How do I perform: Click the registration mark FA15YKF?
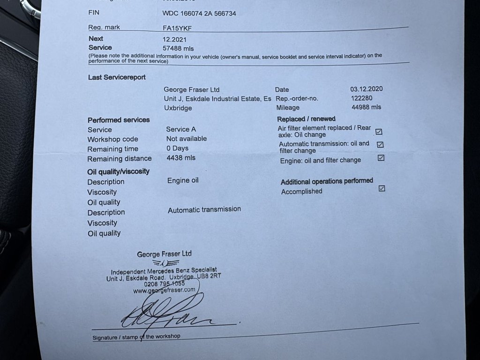pos(177,28)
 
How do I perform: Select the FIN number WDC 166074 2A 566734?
pos(199,14)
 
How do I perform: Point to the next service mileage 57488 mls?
pos(178,48)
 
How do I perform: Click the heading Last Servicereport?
pos(117,77)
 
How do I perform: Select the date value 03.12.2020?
pos(367,89)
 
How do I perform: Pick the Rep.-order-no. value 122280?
pos(362,98)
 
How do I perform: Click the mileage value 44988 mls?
pos(366,107)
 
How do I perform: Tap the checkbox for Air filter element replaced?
pos(379,132)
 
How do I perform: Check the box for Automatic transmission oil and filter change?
pos(380,145)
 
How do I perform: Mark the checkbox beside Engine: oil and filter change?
pos(381,158)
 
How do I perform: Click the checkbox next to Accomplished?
pos(382,188)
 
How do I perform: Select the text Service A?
pos(178,129)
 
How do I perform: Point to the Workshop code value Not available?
pos(186,139)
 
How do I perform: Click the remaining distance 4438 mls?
pos(181,158)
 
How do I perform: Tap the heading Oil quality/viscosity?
pos(118,172)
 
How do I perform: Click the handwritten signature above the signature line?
pos(164,314)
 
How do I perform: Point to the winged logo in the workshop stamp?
pos(165,263)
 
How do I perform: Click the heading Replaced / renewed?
pos(306,119)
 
